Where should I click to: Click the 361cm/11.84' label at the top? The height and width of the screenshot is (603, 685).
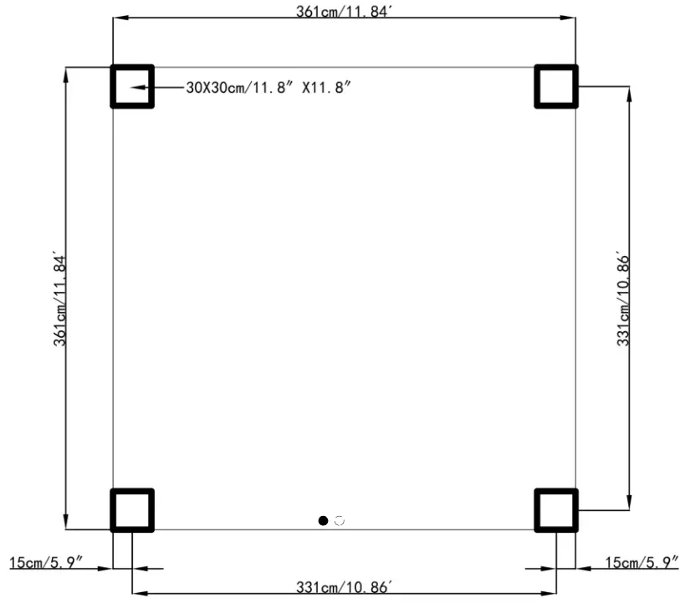pos(344,11)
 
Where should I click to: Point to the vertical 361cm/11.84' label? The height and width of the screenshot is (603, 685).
pos(60,299)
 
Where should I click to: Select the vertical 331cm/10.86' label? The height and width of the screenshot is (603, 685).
pos(623,299)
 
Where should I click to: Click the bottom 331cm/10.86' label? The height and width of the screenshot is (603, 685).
pos(344,587)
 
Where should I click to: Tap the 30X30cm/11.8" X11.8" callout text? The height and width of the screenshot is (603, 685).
pos(268,87)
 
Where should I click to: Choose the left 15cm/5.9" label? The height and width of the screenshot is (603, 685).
pos(46,562)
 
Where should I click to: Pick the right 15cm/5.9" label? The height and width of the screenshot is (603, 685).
pos(642,562)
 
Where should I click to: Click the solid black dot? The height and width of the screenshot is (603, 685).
pos(324,520)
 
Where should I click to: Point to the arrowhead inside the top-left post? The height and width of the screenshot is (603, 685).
pos(138,87)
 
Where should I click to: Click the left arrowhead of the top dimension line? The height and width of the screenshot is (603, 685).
pos(120,18)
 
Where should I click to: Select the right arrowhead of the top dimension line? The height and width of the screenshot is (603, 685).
pos(568,18)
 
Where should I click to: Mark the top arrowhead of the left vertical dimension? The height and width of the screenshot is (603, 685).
pos(65,74)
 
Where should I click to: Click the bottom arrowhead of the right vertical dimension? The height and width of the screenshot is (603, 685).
pos(629,502)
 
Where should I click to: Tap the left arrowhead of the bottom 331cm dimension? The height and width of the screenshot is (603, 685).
pos(140,594)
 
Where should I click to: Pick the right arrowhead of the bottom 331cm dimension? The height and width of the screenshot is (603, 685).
pos(549,594)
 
